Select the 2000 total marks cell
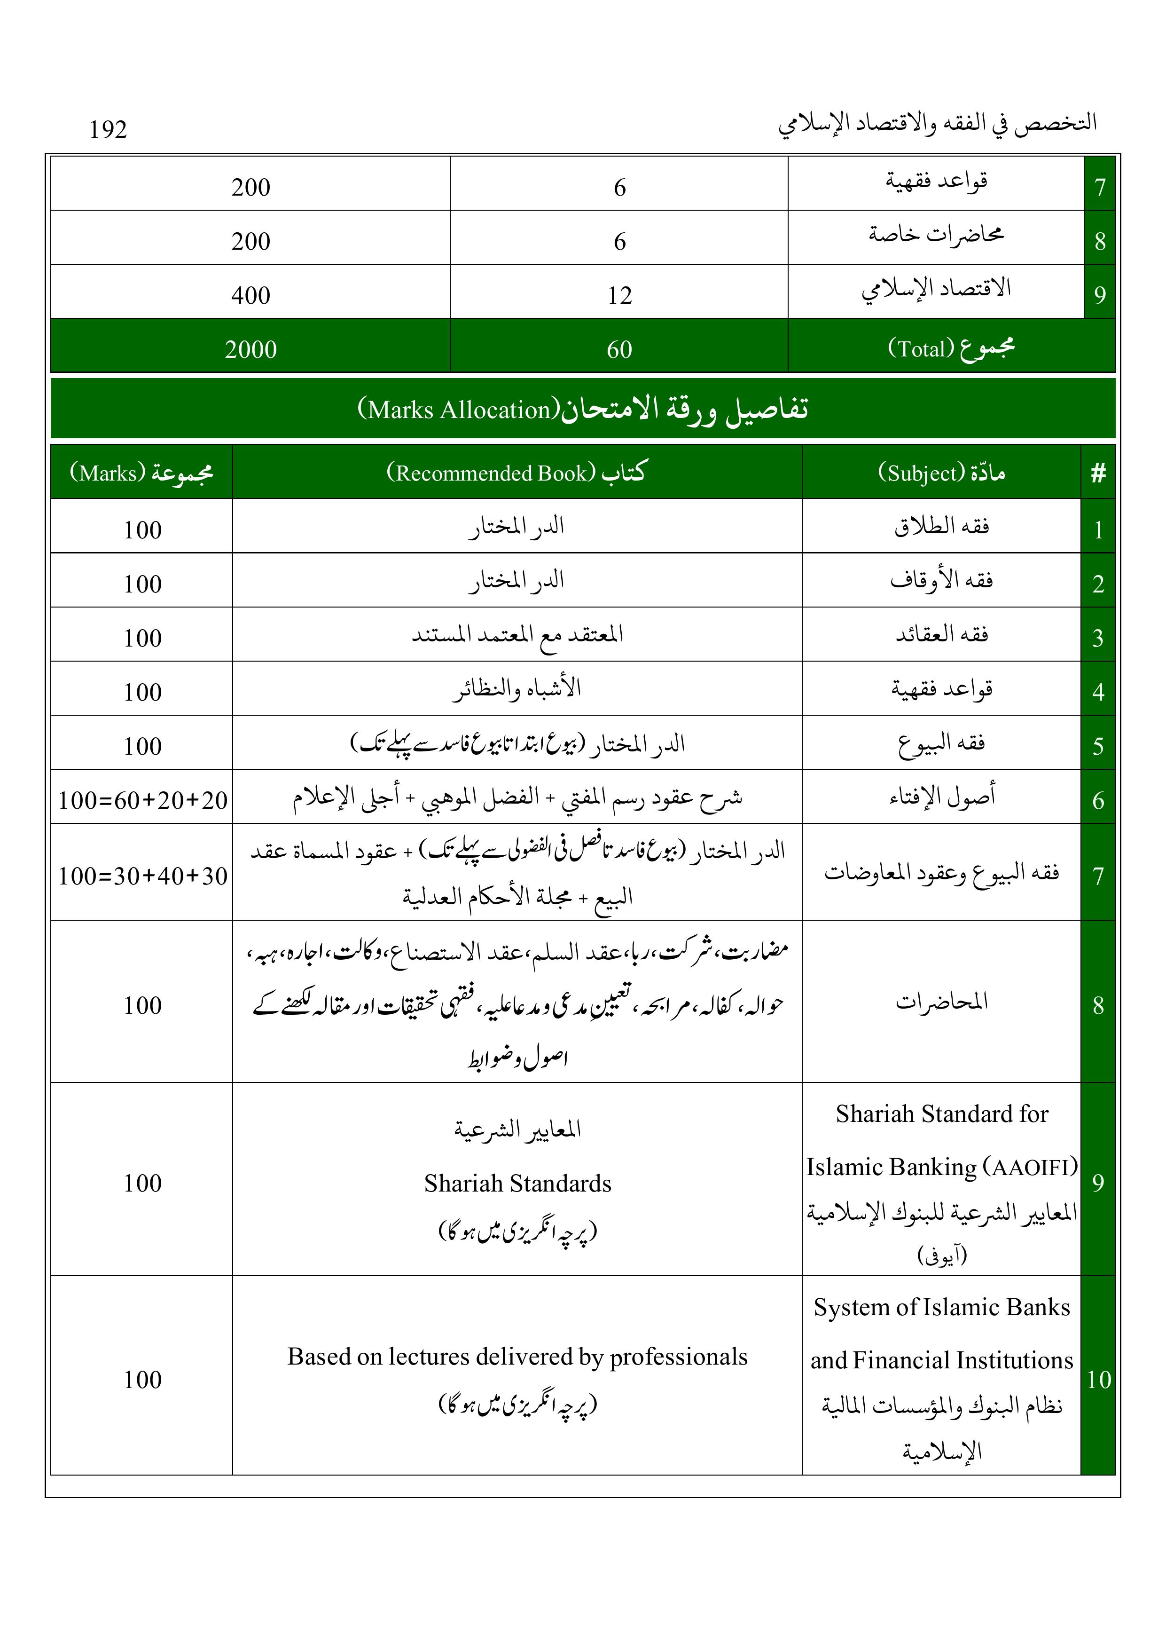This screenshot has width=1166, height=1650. click(x=250, y=349)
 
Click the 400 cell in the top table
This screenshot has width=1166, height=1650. click(x=250, y=295)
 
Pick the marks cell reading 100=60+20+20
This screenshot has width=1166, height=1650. click(x=142, y=800)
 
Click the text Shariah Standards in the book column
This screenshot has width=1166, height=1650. click(x=517, y=1184)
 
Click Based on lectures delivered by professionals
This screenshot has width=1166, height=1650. click(x=517, y=1357)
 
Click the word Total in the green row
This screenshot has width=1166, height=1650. click(x=921, y=349)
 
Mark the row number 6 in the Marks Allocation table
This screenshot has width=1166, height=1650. click(x=1098, y=800)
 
